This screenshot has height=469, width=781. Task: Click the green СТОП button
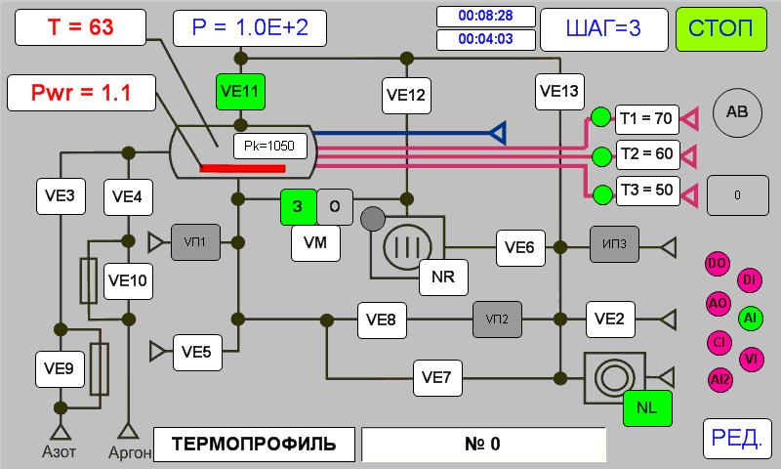click(721, 27)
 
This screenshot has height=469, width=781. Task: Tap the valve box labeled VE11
click(240, 93)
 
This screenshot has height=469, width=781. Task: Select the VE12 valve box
click(407, 95)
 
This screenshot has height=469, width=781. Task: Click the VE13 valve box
click(559, 92)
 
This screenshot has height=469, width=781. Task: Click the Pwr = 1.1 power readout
click(81, 94)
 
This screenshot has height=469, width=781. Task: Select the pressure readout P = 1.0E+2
click(250, 28)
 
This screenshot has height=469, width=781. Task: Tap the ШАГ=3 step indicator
click(603, 28)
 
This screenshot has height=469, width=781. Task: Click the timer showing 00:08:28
click(485, 16)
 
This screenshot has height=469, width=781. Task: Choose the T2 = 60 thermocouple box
click(646, 154)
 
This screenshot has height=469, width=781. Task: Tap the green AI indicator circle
click(750, 318)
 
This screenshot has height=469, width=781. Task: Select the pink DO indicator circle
click(718, 264)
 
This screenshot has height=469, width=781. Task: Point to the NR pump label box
click(442, 277)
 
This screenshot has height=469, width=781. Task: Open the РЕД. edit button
click(737, 438)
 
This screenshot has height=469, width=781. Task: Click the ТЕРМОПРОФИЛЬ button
click(254, 444)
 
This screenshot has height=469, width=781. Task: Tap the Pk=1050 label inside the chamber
click(269, 147)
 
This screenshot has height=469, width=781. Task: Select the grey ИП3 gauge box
click(615, 246)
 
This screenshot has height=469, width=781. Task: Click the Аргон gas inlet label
click(128, 451)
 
